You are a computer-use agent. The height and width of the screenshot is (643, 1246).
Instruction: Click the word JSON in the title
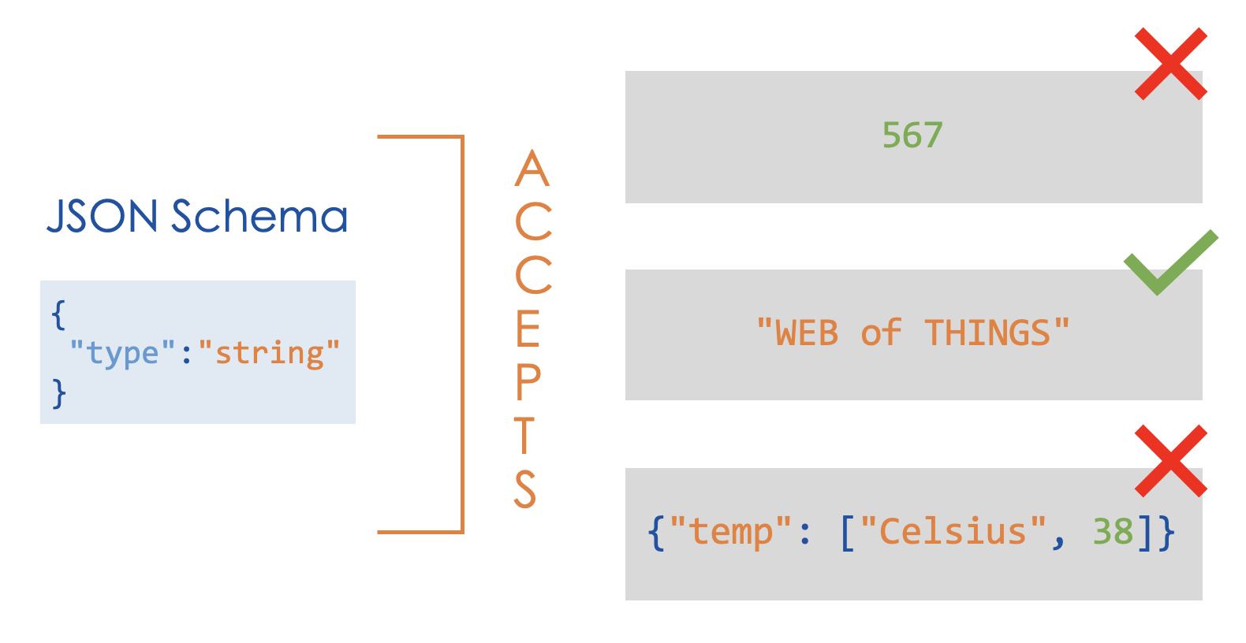tap(103, 217)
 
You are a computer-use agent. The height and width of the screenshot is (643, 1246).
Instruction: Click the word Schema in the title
tap(259, 217)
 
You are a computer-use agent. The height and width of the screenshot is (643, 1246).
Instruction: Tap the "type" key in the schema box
tap(122, 352)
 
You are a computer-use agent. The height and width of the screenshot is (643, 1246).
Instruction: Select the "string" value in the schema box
tap(269, 352)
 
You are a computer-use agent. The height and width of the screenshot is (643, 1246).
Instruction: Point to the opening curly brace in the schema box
tap(58, 314)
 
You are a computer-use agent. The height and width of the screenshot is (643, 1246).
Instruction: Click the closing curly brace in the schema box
tap(58, 392)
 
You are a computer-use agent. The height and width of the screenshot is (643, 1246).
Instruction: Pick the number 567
tap(912, 136)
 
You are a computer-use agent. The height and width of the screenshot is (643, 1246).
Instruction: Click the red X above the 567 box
tap(1170, 64)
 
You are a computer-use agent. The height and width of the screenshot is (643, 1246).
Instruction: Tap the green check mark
tap(1170, 262)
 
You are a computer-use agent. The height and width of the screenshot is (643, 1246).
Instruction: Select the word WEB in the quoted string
tap(806, 333)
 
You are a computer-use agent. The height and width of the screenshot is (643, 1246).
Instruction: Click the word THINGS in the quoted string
tap(987, 333)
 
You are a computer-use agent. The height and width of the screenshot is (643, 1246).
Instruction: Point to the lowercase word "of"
tap(881, 333)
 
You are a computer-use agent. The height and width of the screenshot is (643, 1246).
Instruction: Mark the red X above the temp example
tap(1170, 461)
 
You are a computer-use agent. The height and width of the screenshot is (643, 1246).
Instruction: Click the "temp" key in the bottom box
tap(730, 532)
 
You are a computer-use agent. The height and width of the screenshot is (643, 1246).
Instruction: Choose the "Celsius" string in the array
tap(953, 532)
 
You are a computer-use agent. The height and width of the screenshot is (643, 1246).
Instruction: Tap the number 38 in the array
tap(1113, 532)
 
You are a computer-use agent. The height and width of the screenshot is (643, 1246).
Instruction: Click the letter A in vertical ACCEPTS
tap(532, 169)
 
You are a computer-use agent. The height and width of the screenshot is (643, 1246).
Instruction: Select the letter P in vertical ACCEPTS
tap(528, 383)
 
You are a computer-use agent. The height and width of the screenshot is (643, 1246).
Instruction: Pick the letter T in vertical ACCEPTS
tap(524, 436)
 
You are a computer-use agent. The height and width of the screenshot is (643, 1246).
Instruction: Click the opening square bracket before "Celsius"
tap(848, 533)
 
